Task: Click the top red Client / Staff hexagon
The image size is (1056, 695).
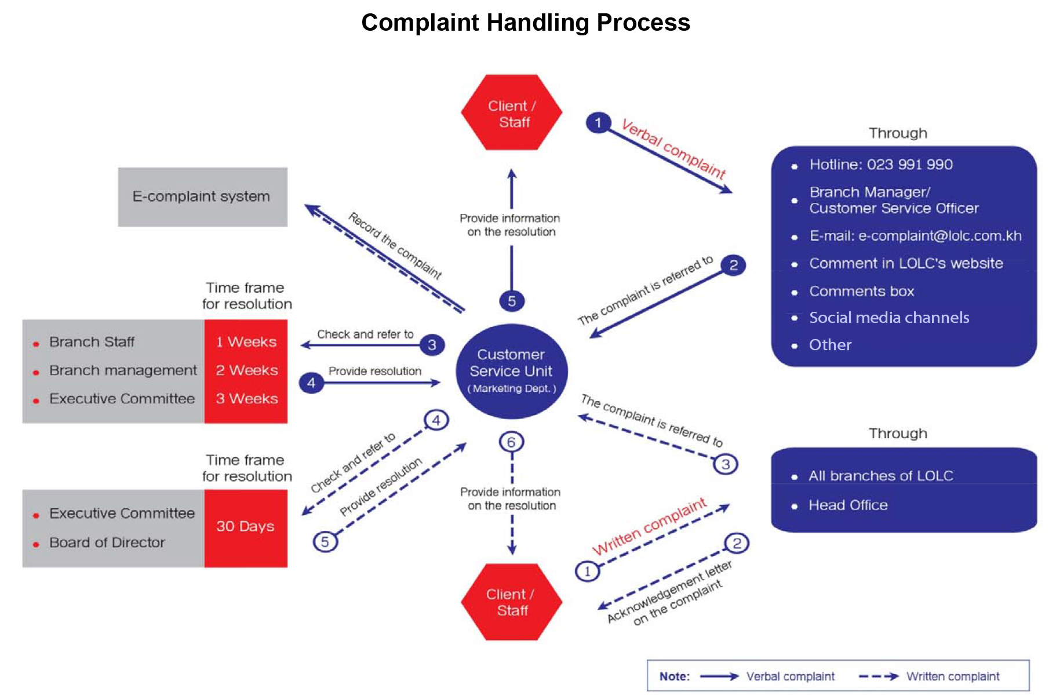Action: point(512,113)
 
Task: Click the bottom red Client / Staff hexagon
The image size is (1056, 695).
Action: point(512,602)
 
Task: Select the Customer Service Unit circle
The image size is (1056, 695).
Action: point(511,371)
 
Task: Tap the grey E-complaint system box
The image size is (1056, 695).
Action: point(202,197)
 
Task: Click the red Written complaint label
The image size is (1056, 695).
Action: point(649,526)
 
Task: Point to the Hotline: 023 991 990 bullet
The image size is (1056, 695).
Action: point(880,165)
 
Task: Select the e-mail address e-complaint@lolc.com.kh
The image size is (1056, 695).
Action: point(940,236)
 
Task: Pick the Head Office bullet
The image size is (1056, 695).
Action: point(847,505)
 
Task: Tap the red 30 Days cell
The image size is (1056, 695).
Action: point(245,527)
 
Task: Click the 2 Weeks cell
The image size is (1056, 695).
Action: point(246,370)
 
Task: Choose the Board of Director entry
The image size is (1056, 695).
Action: point(107,543)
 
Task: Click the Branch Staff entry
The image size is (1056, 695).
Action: point(92,342)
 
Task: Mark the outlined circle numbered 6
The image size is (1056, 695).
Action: point(511,442)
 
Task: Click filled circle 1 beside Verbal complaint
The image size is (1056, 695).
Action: point(598,123)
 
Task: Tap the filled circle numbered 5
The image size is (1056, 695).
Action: point(512,301)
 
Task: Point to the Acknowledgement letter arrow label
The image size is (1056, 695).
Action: point(669,592)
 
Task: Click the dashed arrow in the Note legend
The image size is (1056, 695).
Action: point(878,676)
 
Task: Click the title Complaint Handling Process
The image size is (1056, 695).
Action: point(526,23)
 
